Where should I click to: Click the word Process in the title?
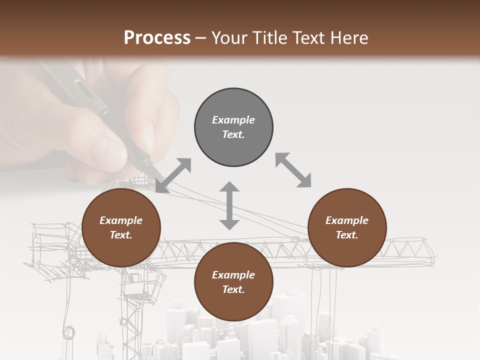157,38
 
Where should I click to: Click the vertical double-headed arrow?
229,205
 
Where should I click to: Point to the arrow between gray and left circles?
173,175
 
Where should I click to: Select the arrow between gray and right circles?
293,170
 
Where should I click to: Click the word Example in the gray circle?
233,120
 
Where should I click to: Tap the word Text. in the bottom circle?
233,289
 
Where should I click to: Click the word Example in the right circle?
347,220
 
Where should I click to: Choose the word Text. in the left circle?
121,235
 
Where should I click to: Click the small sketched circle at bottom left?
69,332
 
